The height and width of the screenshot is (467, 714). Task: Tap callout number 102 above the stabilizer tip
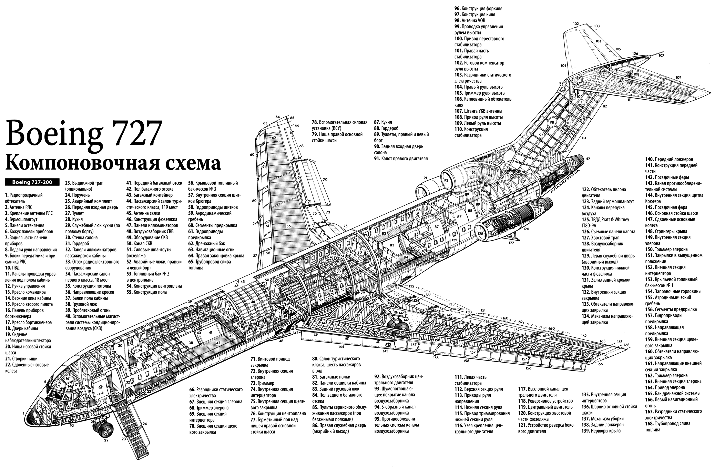point(576,24)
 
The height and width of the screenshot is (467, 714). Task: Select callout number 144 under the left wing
point(341,347)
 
